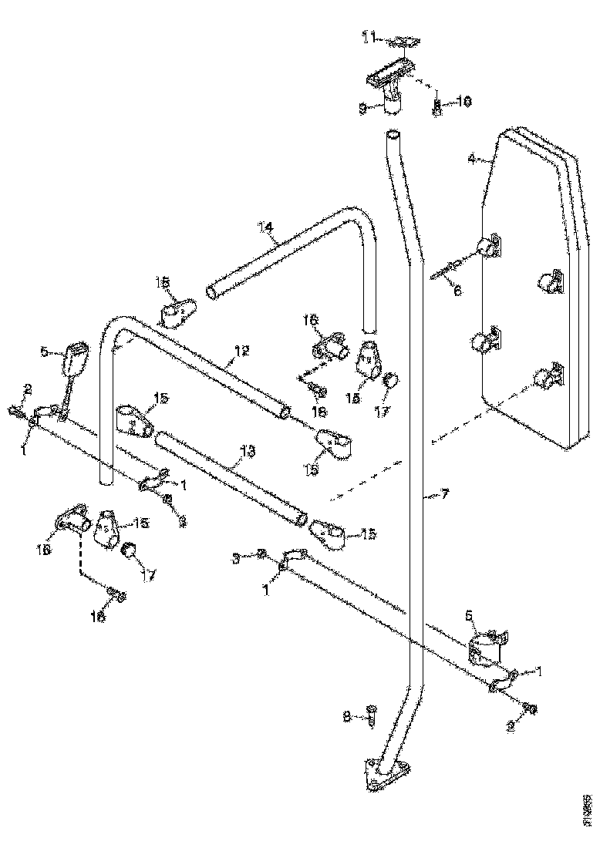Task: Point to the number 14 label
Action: point(266,227)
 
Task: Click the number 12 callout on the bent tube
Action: point(241,351)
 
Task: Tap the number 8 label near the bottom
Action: point(347,716)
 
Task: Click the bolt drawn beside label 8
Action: point(371,717)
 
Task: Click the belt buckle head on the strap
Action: point(75,358)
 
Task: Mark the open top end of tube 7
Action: point(393,136)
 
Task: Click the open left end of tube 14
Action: point(213,292)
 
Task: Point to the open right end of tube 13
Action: point(298,519)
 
